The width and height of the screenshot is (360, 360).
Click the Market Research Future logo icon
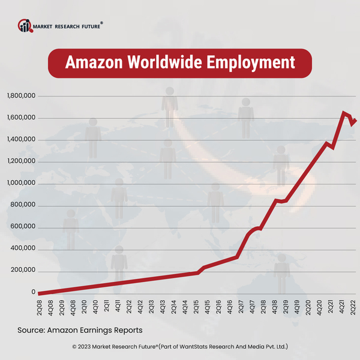[x=25, y=25]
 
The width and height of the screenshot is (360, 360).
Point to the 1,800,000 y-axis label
[x=21, y=96]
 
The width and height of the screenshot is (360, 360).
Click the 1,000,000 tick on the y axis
[x=21, y=184]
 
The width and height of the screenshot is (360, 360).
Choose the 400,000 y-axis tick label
[x=23, y=249]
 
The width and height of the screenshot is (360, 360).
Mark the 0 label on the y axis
[x=34, y=292]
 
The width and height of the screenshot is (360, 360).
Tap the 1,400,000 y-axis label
[x=21, y=140]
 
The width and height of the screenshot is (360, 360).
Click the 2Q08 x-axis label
[x=40, y=307]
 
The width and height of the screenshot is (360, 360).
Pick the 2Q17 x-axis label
[x=241, y=307]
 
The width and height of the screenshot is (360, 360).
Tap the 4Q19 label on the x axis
[x=296, y=307]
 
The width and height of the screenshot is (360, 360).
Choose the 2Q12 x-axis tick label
[x=129, y=307]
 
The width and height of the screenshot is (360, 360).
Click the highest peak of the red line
[x=344, y=112]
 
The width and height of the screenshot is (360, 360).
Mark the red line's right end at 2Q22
[x=355, y=120]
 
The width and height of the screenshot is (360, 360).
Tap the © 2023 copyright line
[x=180, y=346]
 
